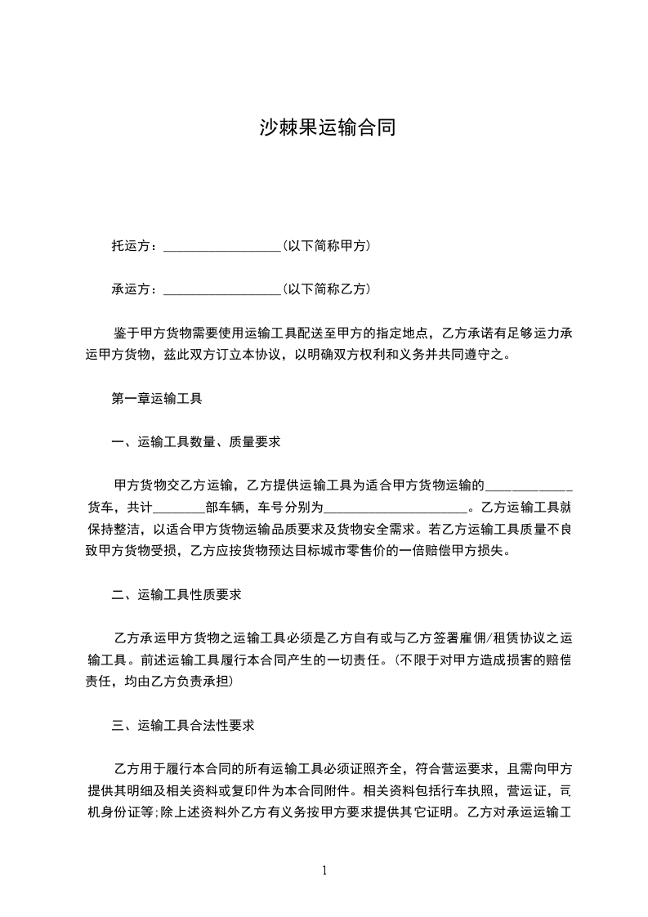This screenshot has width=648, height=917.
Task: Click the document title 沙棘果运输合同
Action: (x=327, y=127)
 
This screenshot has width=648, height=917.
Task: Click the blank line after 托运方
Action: (x=222, y=245)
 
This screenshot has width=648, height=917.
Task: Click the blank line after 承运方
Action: (x=222, y=289)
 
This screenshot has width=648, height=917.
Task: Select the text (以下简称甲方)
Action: (x=327, y=245)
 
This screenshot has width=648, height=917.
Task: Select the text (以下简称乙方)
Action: (x=327, y=289)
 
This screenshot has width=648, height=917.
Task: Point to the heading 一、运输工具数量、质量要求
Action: (x=196, y=442)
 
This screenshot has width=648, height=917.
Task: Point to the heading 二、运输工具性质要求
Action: (x=176, y=595)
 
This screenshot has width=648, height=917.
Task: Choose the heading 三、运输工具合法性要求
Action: (x=183, y=725)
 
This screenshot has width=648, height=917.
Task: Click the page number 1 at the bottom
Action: (x=324, y=870)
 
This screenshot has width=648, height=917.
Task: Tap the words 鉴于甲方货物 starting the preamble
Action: (x=153, y=333)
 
